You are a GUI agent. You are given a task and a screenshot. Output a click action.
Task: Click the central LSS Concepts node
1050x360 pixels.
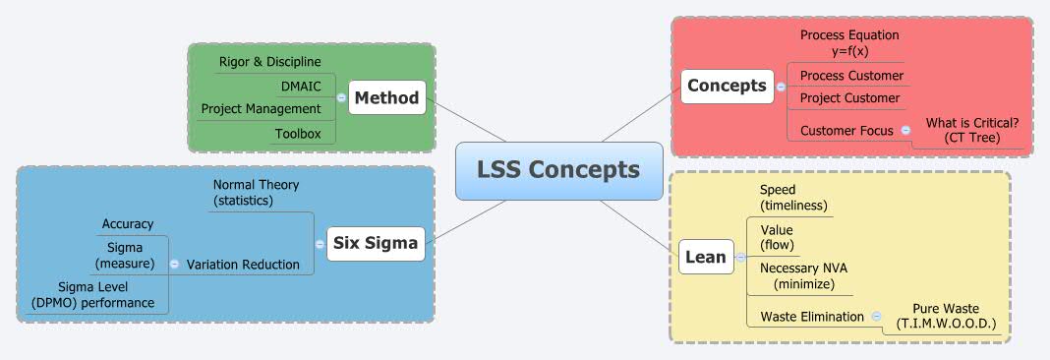click(x=557, y=170)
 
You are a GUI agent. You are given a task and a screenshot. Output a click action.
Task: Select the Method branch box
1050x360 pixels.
click(x=387, y=97)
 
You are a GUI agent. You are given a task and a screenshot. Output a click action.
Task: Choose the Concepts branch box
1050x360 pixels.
click(x=727, y=86)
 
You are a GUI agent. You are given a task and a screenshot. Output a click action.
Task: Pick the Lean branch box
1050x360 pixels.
click(x=705, y=258)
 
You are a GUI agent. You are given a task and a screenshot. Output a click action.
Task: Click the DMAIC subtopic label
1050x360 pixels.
click(x=301, y=86)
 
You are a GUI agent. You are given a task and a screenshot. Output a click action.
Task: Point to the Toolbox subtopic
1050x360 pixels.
click(x=297, y=133)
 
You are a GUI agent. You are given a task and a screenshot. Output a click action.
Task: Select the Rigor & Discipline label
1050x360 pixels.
click(x=269, y=62)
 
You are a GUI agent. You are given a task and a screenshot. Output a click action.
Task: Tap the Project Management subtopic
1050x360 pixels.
click(x=261, y=108)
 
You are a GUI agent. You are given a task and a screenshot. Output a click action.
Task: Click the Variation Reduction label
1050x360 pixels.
click(x=243, y=264)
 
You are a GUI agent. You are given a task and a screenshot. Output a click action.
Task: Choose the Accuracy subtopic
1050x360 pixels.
click(x=128, y=224)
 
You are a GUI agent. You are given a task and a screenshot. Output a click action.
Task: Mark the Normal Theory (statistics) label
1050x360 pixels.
click(x=256, y=193)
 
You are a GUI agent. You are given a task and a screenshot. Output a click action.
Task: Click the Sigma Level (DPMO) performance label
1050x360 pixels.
click(x=92, y=295)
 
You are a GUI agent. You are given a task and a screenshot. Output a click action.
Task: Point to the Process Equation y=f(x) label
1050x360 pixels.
click(x=849, y=42)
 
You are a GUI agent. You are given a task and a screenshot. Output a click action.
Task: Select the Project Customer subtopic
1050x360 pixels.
click(x=849, y=98)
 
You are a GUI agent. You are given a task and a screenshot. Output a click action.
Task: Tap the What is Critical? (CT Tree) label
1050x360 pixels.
click(x=972, y=130)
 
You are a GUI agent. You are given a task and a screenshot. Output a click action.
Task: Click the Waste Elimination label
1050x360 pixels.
click(x=812, y=317)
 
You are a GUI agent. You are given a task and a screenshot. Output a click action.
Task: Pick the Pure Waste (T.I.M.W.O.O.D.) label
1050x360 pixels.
click(x=946, y=316)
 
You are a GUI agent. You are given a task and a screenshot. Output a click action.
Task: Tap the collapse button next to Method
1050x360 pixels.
click(x=341, y=97)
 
